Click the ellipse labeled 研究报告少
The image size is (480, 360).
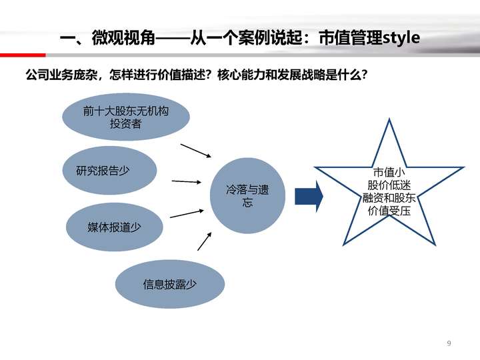[109, 170]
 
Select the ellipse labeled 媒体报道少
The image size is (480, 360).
[114, 227]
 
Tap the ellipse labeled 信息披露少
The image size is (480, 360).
[170, 284]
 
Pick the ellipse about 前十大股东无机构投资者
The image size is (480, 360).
[126, 117]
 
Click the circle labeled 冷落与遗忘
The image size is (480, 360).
[247, 195]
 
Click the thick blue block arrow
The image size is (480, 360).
[309, 196]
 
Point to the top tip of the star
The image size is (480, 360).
[389, 119]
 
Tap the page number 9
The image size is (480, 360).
[449, 343]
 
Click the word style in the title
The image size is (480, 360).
[401, 37]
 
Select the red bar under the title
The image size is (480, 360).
[23, 55]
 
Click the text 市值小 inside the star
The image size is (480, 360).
[389, 173]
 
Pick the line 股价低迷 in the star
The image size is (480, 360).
[389, 185]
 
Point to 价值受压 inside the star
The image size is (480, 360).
[389, 211]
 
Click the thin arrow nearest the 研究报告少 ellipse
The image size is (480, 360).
[187, 182]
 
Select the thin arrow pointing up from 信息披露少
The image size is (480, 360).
[205, 241]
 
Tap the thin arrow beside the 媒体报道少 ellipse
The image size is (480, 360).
[187, 214]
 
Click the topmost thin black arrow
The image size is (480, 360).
[196, 151]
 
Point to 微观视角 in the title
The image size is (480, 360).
[123, 37]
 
